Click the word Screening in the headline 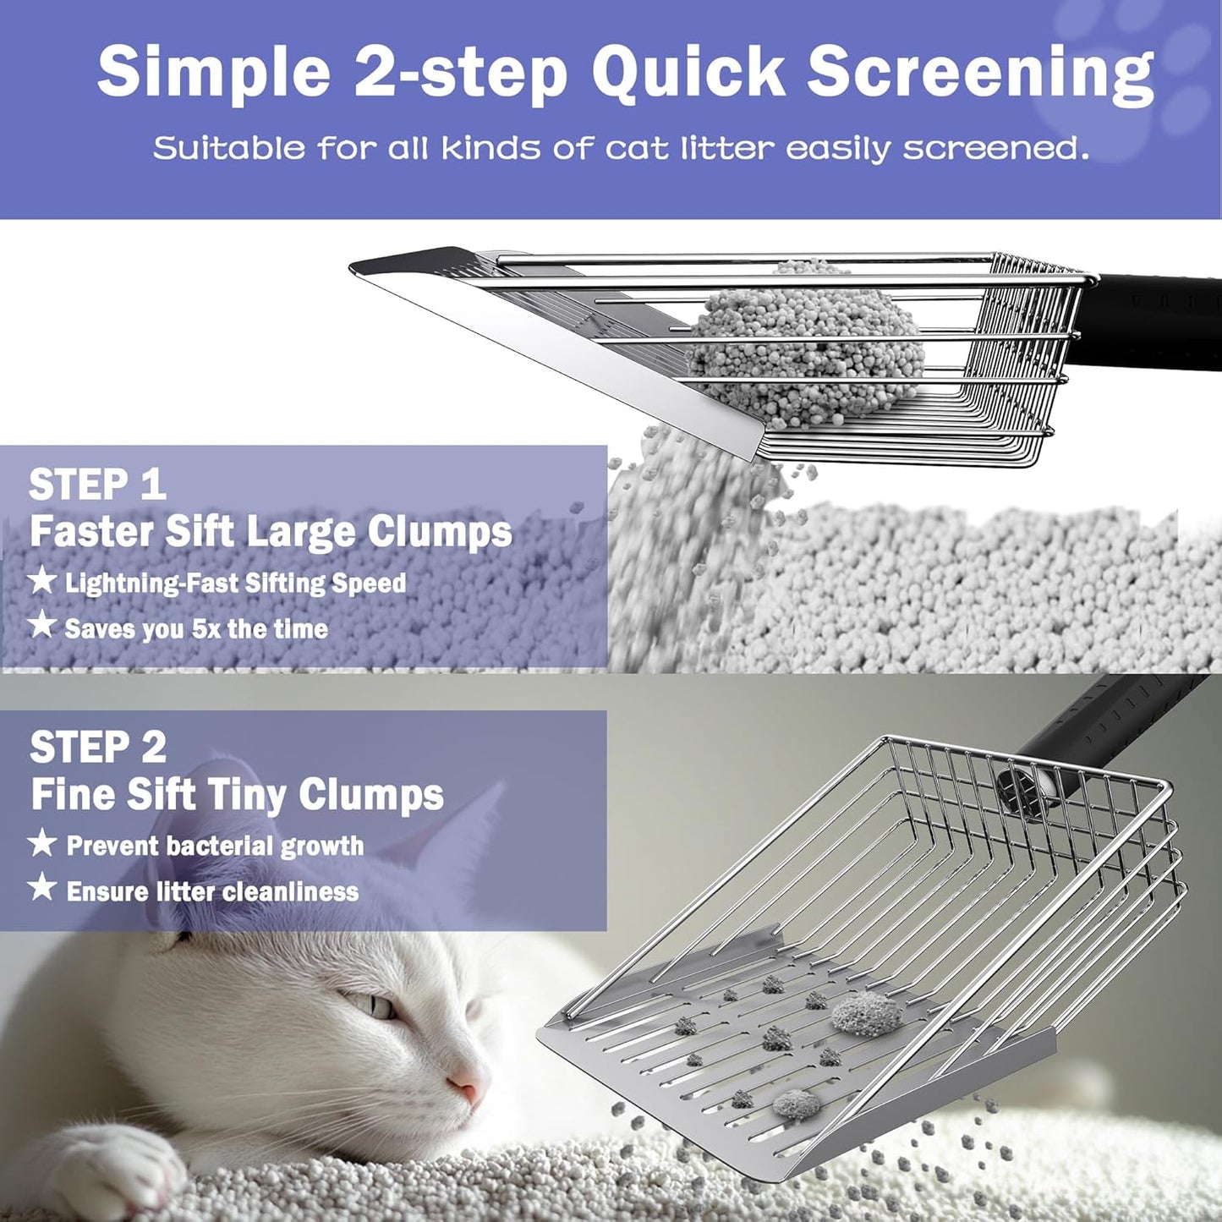[x=979, y=74]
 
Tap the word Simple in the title [x=213, y=74]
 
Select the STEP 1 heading [x=97, y=485]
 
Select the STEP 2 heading [x=98, y=748]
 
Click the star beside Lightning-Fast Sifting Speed [x=41, y=581]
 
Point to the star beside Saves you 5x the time [x=41, y=626]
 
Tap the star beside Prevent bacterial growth [x=41, y=843]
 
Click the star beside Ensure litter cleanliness [x=41, y=888]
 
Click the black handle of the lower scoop [x=1099, y=727]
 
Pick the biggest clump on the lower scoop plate [x=864, y=1014]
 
